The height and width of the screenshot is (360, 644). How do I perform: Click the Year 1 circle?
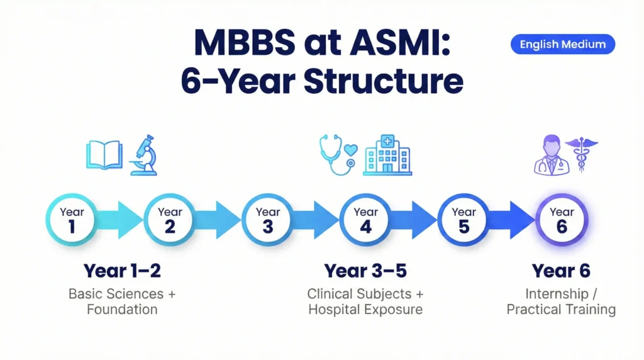pyautogui.click(x=72, y=220)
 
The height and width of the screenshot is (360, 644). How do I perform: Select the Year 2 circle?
pyautogui.click(x=170, y=220)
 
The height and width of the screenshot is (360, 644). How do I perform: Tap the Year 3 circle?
pyautogui.click(x=268, y=220)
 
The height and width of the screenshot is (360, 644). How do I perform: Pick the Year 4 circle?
pyautogui.click(x=366, y=220)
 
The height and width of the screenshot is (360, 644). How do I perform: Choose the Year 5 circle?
pyautogui.click(x=464, y=220)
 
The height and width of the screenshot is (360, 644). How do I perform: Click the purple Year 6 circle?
pyautogui.click(x=562, y=220)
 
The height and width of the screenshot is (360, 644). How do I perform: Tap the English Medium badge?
pyautogui.click(x=562, y=44)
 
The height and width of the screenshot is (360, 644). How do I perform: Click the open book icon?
pyautogui.click(x=104, y=155)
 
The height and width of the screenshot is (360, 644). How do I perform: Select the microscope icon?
pyautogui.click(x=144, y=155)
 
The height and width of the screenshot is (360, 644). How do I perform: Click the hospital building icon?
pyautogui.click(x=387, y=155)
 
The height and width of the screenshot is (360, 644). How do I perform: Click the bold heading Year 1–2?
pyautogui.click(x=122, y=271)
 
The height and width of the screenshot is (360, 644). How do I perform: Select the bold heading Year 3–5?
pyautogui.click(x=365, y=271)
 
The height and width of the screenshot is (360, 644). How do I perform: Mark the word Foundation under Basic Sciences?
pyautogui.click(x=122, y=310)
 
